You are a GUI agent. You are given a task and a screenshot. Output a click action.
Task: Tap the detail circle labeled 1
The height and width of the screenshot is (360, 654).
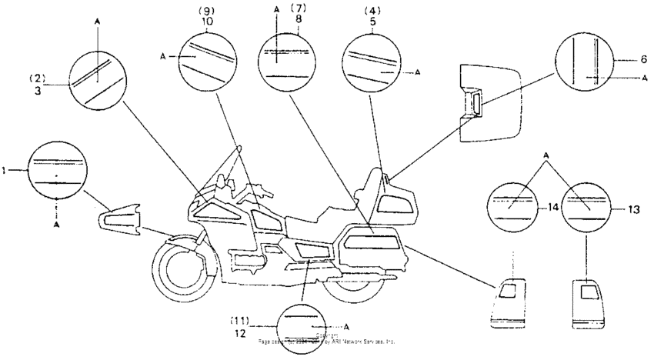click(x=56, y=170)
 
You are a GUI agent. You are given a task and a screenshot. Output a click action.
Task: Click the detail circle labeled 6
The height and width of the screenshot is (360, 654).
click(x=589, y=62)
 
